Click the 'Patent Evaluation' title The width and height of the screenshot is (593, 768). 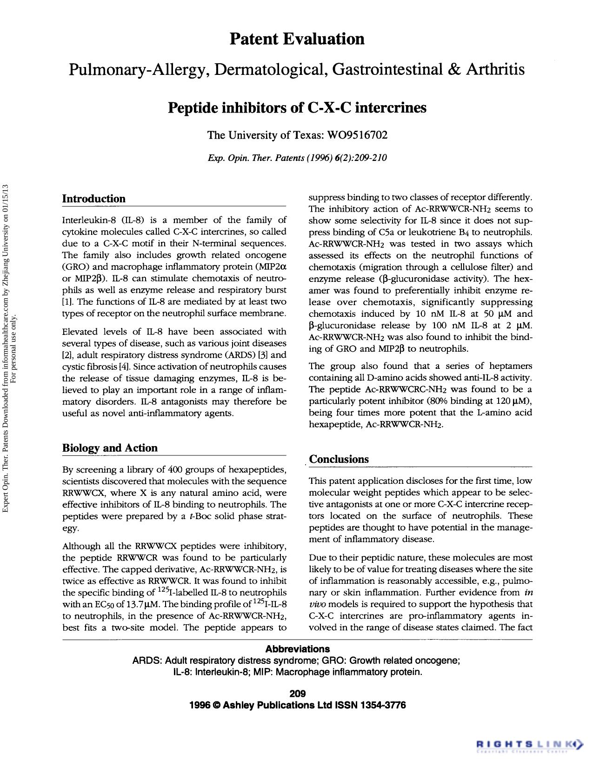(297, 39)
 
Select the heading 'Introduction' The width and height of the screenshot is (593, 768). (94, 199)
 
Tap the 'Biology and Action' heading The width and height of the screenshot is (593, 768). (110, 448)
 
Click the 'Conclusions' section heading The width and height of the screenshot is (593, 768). (339, 459)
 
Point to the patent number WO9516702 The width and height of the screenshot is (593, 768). (357, 135)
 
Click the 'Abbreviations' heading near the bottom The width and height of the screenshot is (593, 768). (297, 649)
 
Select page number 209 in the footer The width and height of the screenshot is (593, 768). (297, 694)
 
